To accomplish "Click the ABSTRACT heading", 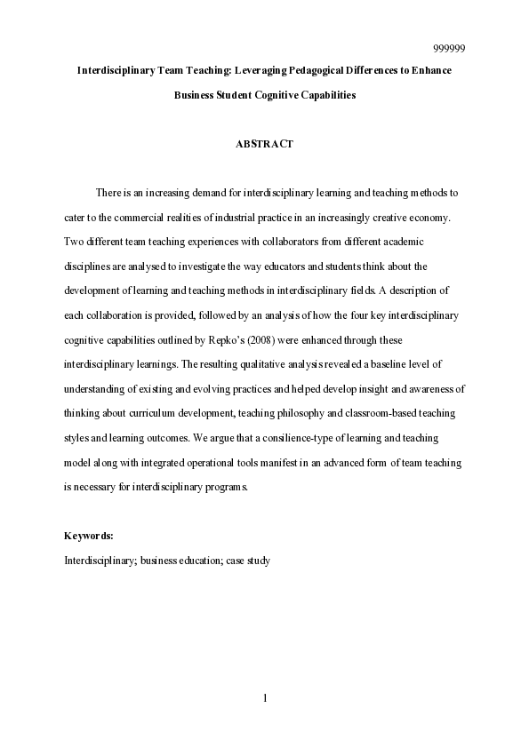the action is [x=264, y=144].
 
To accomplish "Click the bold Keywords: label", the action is [x=89, y=536].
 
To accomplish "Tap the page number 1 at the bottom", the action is [x=265, y=698].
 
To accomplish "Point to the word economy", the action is [x=431, y=218].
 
